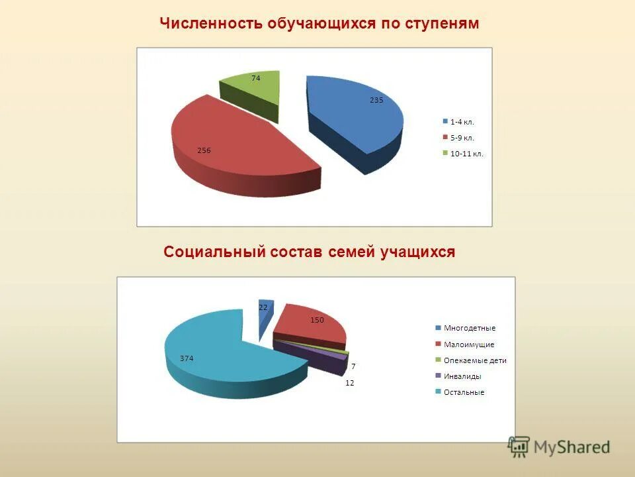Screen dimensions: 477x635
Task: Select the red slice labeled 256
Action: point(232,142)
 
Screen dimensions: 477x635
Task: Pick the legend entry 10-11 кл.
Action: point(466,154)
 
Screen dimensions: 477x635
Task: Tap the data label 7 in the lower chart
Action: point(353,366)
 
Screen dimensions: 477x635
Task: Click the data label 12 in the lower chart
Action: point(350,383)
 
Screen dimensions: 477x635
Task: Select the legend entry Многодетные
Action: point(469,328)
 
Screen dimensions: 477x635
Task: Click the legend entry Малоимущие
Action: point(469,344)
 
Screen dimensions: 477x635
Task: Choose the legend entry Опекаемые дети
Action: point(475,360)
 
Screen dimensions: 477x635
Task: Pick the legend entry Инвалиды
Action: point(462,376)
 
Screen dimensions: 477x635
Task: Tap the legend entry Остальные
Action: point(464,392)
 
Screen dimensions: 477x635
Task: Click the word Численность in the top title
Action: point(211,23)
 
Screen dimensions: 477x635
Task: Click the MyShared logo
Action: point(559,447)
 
